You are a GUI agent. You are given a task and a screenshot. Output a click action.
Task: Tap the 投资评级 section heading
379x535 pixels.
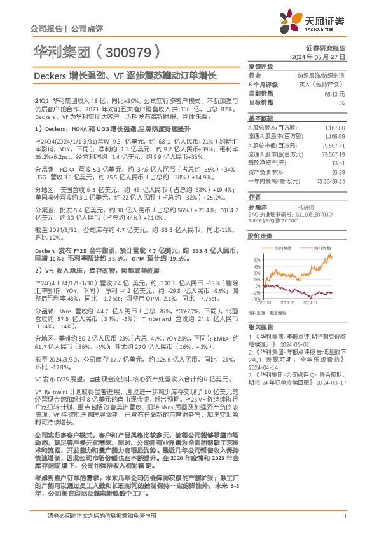point(261,66)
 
